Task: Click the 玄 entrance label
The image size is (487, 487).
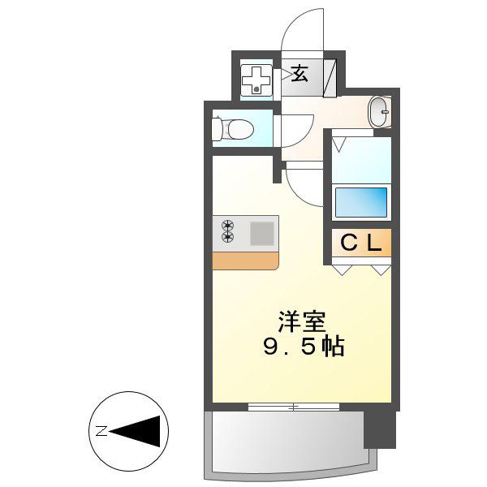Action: click(x=300, y=73)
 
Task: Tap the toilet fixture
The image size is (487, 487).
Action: click(x=232, y=129)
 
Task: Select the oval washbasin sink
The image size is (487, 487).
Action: click(x=379, y=112)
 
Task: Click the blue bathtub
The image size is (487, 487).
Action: click(x=361, y=202)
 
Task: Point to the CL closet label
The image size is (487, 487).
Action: click(x=361, y=243)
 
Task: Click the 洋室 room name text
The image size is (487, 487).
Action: click(x=302, y=321)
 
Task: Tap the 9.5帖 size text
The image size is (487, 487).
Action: click(x=304, y=347)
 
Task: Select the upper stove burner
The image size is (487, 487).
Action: click(x=227, y=225)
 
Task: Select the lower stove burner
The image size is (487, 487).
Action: click(x=227, y=237)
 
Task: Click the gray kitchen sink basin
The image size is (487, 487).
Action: click(x=262, y=233)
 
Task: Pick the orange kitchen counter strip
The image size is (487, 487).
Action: click(x=245, y=261)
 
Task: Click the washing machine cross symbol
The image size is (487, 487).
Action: click(x=256, y=80)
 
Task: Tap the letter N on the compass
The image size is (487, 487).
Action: click(x=101, y=431)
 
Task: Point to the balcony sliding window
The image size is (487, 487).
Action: click(x=294, y=407)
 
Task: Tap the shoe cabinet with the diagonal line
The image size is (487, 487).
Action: click(x=330, y=78)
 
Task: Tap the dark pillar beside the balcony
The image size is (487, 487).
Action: click(x=380, y=430)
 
